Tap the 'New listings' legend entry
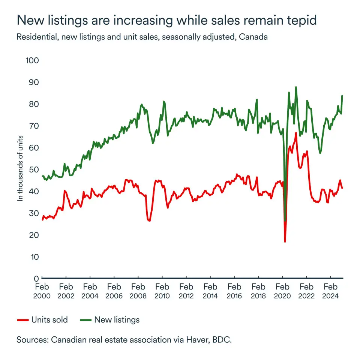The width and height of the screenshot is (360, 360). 110,320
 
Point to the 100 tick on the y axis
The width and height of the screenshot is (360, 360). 32,60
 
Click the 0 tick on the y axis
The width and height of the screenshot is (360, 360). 36,279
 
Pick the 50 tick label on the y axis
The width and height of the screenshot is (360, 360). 34,169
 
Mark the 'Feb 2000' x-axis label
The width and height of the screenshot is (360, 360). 42,291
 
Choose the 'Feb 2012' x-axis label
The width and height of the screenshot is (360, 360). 186,291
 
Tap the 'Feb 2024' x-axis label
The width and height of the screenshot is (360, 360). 330,291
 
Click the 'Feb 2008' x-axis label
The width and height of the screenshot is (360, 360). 138,291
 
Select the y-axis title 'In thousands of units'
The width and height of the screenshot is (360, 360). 21,169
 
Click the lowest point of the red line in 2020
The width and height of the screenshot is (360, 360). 285,241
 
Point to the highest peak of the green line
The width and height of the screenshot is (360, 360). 296,87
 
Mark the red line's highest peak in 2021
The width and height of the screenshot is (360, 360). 296,133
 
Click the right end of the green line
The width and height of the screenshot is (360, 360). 342,96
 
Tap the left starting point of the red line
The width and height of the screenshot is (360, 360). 42,220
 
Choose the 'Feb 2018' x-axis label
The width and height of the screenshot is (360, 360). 258,291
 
